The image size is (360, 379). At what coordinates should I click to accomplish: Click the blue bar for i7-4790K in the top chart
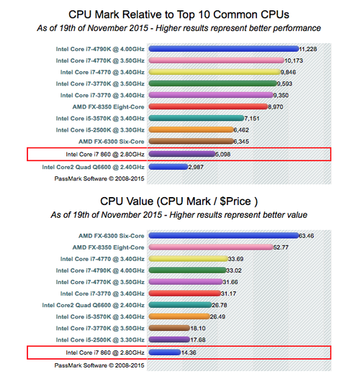point(223,49)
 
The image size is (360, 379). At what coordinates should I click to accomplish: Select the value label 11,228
point(308,49)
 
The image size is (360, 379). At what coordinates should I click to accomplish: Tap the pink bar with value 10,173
point(216,60)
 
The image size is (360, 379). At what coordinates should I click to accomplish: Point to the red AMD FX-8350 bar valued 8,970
point(208,106)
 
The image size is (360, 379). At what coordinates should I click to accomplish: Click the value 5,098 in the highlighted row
point(222,154)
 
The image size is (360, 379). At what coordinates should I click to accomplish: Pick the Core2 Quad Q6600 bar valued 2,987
point(168,167)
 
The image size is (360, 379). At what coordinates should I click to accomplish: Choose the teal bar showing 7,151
point(197,118)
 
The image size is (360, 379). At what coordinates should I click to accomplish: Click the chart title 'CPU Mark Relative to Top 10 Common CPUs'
point(179,14)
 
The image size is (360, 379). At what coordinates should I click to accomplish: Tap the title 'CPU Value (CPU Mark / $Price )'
point(179,201)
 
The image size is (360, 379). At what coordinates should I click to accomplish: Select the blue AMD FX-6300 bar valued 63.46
point(223,236)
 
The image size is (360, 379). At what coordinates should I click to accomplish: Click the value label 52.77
point(281,247)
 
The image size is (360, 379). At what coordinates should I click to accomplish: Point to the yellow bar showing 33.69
point(188,259)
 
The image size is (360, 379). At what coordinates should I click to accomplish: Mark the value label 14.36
point(189,352)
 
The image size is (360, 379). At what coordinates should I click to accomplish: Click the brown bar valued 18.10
point(169,328)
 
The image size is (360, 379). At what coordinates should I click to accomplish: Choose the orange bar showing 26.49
point(179,316)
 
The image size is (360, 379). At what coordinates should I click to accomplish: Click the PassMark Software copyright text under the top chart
point(99,178)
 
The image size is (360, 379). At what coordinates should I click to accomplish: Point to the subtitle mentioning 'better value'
point(179,215)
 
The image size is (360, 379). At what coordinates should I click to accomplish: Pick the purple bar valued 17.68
point(169,339)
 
